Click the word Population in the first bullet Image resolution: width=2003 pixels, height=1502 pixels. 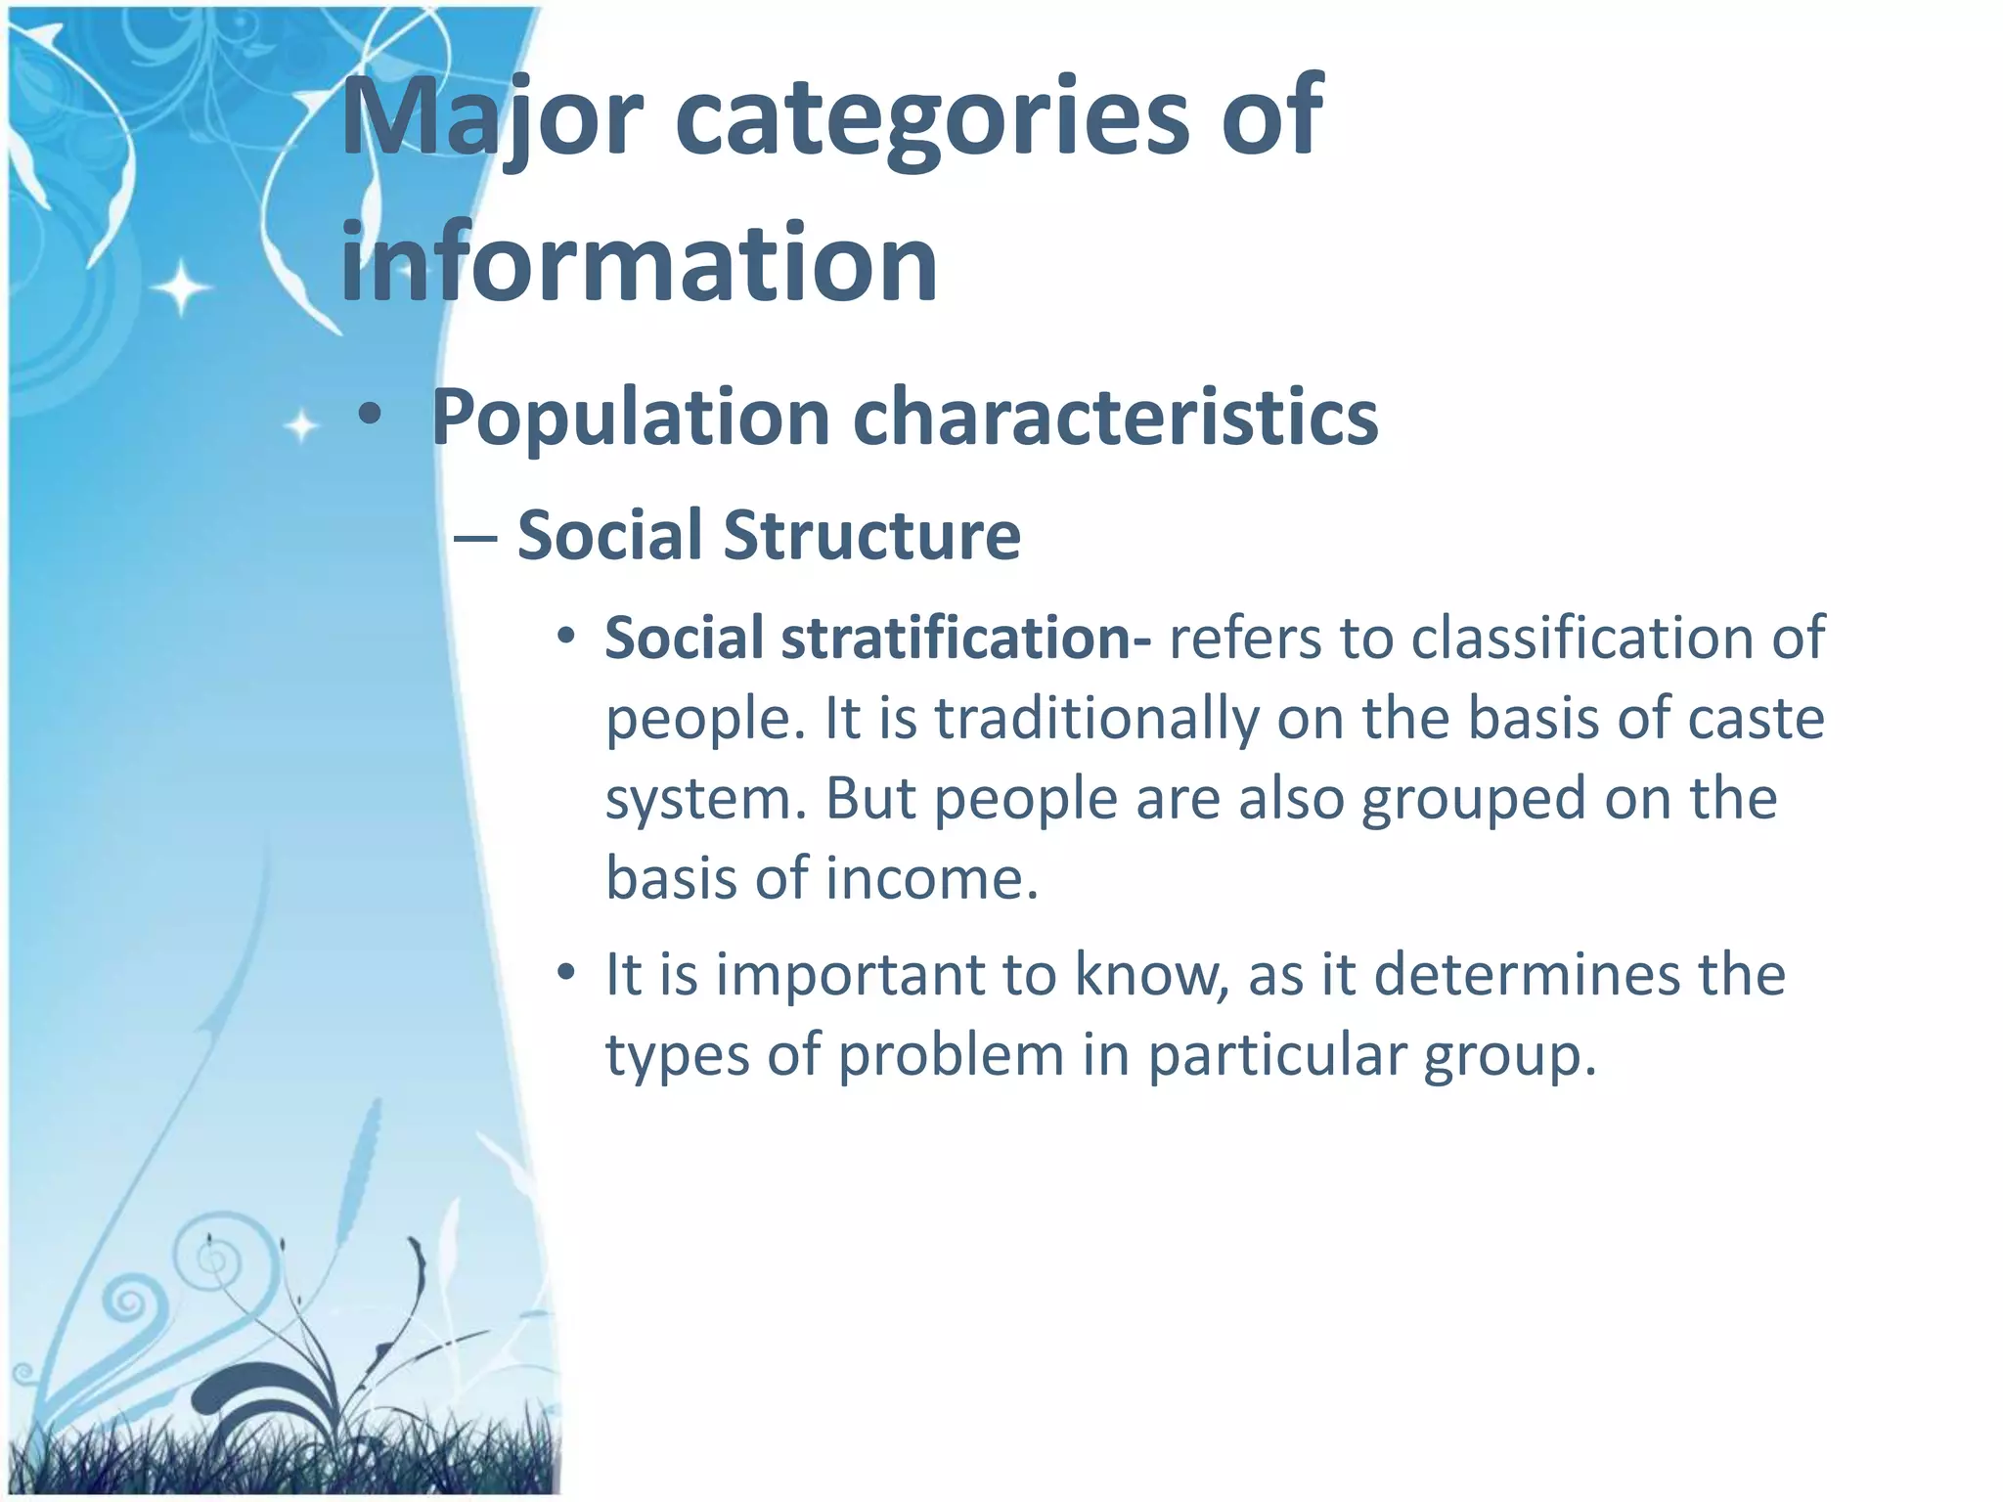coord(631,418)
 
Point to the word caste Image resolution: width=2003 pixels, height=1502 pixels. coord(1756,719)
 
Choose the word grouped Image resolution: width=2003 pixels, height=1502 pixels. coord(1472,799)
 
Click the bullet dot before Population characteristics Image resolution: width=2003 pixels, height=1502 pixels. coord(369,416)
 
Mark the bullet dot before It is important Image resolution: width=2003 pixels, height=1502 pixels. coord(565,973)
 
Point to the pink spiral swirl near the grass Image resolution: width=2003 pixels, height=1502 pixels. coord(127,1301)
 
